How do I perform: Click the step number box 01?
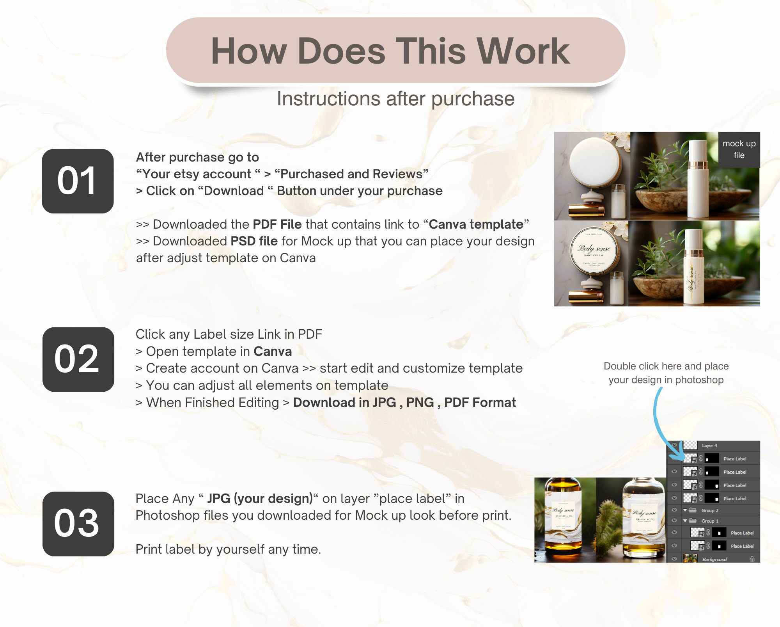pos(78,181)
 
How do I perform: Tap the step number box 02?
pos(78,359)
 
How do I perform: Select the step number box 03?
pos(78,524)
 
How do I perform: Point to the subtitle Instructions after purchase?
pos(395,99)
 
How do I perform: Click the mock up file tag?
pos(739,149)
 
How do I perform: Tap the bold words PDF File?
pos(277,224)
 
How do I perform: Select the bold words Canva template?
pos(476,224)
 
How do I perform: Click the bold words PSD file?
pos(254,241)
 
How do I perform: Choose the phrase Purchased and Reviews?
pos(351,174)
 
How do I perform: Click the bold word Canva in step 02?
pos(272,352)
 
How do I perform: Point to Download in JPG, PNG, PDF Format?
pos(404,403)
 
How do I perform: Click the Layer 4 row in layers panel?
pos(714,446)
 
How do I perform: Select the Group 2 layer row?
pos(714,510)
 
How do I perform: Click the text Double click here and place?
pos(666,366)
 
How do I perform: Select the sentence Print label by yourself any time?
pos(228,549)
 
